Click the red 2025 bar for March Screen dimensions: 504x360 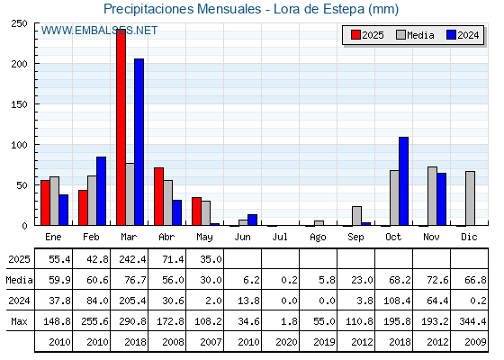121,127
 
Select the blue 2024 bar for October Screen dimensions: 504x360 404,181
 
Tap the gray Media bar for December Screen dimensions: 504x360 470,198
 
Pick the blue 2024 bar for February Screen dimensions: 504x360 101,191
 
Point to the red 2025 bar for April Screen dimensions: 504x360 158,196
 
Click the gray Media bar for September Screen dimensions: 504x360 356,216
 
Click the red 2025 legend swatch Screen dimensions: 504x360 355,35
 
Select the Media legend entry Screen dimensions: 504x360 415,35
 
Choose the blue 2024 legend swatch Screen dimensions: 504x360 451,35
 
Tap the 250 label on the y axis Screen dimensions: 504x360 19,23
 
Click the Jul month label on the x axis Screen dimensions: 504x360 280,237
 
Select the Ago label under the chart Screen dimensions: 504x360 318,238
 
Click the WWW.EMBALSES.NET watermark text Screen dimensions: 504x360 99,31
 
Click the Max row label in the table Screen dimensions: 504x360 19,321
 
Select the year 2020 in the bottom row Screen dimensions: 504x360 286,342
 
